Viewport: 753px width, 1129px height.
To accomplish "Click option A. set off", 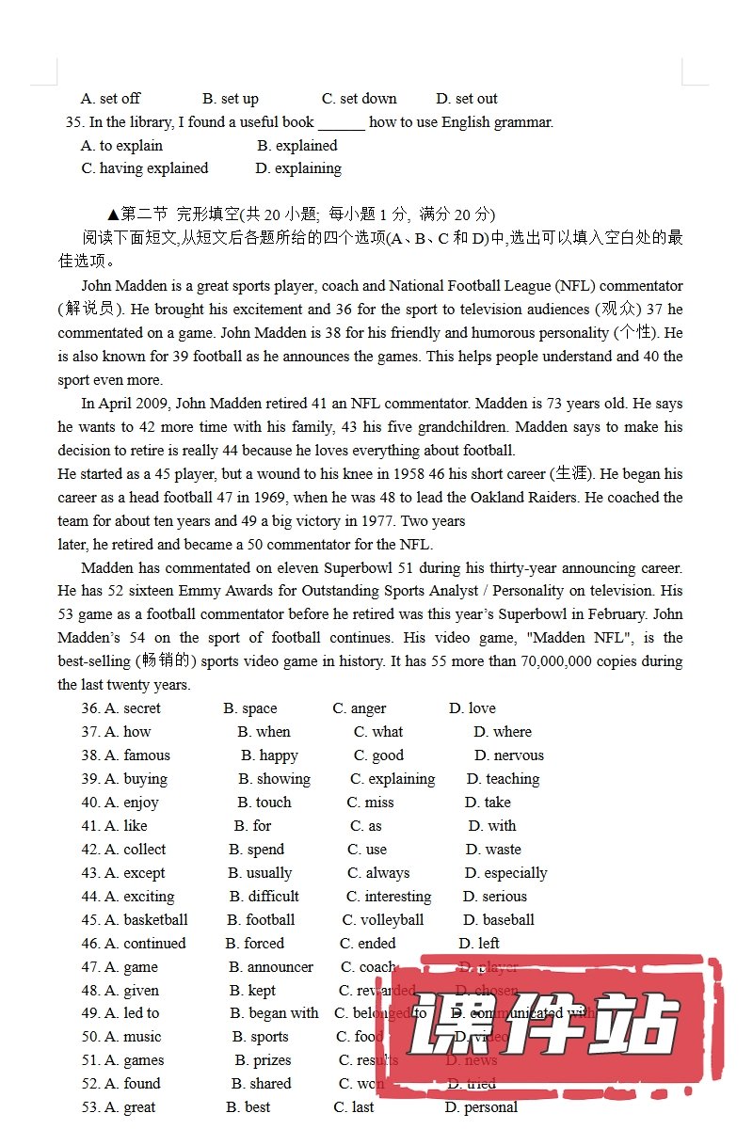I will [110, 99].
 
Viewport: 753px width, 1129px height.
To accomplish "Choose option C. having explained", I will [145, 168].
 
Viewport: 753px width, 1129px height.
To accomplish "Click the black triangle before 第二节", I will [113, 215].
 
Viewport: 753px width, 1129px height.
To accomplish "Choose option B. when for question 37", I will [264, 732].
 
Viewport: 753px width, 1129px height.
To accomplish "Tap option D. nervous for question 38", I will [508, 755].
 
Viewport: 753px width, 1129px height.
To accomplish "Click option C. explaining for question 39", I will [393, 779].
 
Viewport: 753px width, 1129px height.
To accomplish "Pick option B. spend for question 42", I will [256, 850].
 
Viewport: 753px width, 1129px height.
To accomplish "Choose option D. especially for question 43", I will [505, 873].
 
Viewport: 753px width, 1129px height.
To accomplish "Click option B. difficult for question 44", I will [264, 897].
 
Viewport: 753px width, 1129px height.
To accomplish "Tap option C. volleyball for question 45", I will [383, 920].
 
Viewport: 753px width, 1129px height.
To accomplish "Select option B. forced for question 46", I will [254, 944].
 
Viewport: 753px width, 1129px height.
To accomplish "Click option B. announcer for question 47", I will [271, 967].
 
